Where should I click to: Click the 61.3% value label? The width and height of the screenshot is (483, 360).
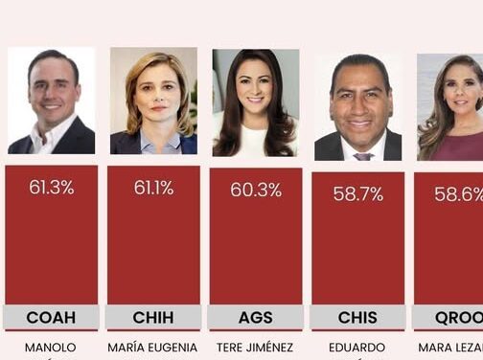(x=51, y=188)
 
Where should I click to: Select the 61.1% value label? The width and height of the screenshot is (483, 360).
(x=153, y=188)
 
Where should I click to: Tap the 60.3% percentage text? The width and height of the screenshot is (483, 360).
(x=255, y=190)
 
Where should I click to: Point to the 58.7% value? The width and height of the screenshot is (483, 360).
(x=357, y=193)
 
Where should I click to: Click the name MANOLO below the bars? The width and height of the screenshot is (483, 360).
(x=51, y=348)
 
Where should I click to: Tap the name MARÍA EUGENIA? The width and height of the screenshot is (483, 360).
(x=153, y=348)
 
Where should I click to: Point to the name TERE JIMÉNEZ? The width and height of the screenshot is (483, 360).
(x=255, y=348)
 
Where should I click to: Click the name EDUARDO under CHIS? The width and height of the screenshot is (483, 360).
(x=357, y=348)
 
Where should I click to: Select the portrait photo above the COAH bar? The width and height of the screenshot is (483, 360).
(x=51, y=101)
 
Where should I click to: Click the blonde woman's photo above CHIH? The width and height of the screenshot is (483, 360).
(x=153, y=101)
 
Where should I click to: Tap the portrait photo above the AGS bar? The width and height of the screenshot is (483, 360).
(x=255, y=102)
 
